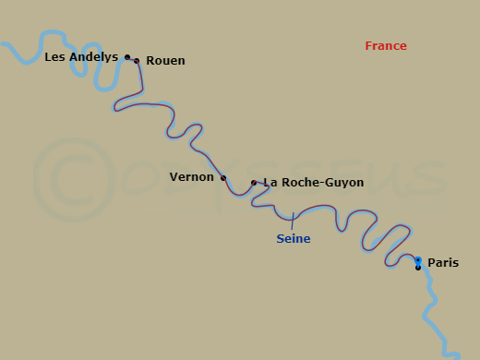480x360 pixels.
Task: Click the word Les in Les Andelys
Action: click(x=54, y=57)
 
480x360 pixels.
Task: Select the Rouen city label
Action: click(x=165, y=61)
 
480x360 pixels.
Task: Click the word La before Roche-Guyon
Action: click(x=270, y=183)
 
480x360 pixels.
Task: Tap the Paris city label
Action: click(x=442, y=263)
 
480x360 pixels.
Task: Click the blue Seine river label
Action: click(x=294, y=239)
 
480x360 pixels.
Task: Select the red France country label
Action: click(x=385, y=46)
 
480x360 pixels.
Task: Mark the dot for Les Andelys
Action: click(x=127, y=57)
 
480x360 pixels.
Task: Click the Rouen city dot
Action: click(x=137, y=61)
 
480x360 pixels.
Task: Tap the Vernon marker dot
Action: click(x=222, y=178)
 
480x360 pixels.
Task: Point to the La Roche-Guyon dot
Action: click(x=254, y=183)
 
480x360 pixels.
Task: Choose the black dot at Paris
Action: click(x=418, y=268)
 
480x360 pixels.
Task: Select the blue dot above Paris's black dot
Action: click(x=418, y=260)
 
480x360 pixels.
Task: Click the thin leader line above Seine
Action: click(x=293, y=222)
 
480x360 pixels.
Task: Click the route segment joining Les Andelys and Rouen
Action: click(x=132, y=59)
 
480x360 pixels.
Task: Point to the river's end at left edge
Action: click(x=3, y=43)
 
